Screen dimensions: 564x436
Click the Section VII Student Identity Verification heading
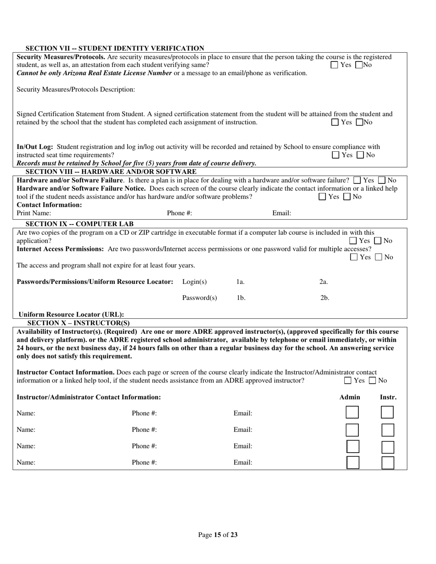115,48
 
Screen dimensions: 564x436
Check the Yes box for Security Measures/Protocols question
335,65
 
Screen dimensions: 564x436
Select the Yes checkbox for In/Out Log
335,155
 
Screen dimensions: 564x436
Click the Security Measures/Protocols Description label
76,89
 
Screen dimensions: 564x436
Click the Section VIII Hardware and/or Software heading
111,171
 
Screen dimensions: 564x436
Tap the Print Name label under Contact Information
34,213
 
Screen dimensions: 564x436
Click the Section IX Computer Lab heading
79,224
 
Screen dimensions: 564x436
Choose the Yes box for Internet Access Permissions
354,257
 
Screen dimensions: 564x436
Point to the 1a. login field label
240,282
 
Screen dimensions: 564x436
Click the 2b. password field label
324,298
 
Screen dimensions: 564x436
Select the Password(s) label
200,298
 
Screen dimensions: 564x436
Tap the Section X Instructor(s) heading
78,323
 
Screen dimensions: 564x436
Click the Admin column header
350,397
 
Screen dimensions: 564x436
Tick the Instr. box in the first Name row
387,413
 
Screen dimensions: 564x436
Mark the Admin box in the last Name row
353,462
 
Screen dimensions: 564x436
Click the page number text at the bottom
218,535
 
